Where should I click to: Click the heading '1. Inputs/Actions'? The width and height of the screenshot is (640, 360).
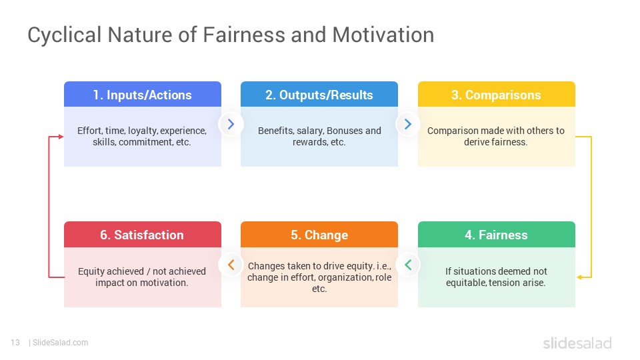coord(143,95)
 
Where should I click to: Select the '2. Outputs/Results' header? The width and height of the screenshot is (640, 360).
coord(319,95)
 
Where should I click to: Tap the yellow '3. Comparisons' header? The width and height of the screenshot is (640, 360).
coord(496,95)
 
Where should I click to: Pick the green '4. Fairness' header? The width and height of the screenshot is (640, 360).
coord(496,235)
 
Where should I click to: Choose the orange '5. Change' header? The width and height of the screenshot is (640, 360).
coord(319,235)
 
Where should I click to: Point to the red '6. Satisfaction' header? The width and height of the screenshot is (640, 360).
coord(143,235)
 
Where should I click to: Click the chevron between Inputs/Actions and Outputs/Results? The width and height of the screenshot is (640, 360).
coord(231,124)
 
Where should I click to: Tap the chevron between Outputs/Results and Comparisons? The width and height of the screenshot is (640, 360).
coord(408,124)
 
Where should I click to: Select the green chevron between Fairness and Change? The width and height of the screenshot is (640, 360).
coord(408,265)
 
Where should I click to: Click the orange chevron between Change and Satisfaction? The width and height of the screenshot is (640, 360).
coord(231,265)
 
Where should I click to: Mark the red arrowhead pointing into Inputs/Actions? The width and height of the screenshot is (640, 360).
coord(61,137)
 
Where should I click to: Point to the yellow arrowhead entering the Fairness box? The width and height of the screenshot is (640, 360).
coord(579,277)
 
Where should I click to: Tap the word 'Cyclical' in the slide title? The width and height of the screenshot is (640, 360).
coord(65,35)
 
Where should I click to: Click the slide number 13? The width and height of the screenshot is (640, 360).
coord(15,343)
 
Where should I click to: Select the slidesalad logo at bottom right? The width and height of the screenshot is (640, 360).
coord(577,343)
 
